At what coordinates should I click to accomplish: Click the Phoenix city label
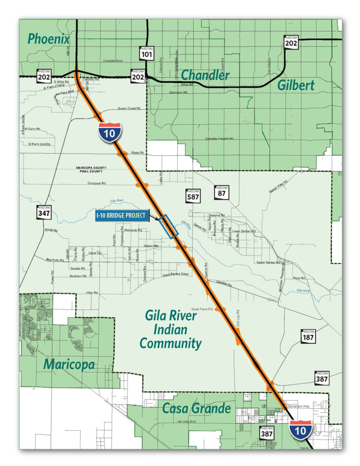[48, 38]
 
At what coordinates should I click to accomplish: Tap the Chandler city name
[205, 75]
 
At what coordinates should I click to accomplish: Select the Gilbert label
[295, 85]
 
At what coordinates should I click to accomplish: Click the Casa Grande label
[196, 408]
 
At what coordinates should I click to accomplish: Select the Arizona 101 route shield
[147, 53]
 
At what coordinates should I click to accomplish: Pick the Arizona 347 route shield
[44, 212]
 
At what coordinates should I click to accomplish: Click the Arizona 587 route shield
[193, 195]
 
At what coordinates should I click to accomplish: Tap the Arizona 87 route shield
[222, 191]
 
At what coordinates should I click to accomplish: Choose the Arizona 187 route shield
[308, 336]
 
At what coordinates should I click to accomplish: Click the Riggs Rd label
[137, 153]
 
